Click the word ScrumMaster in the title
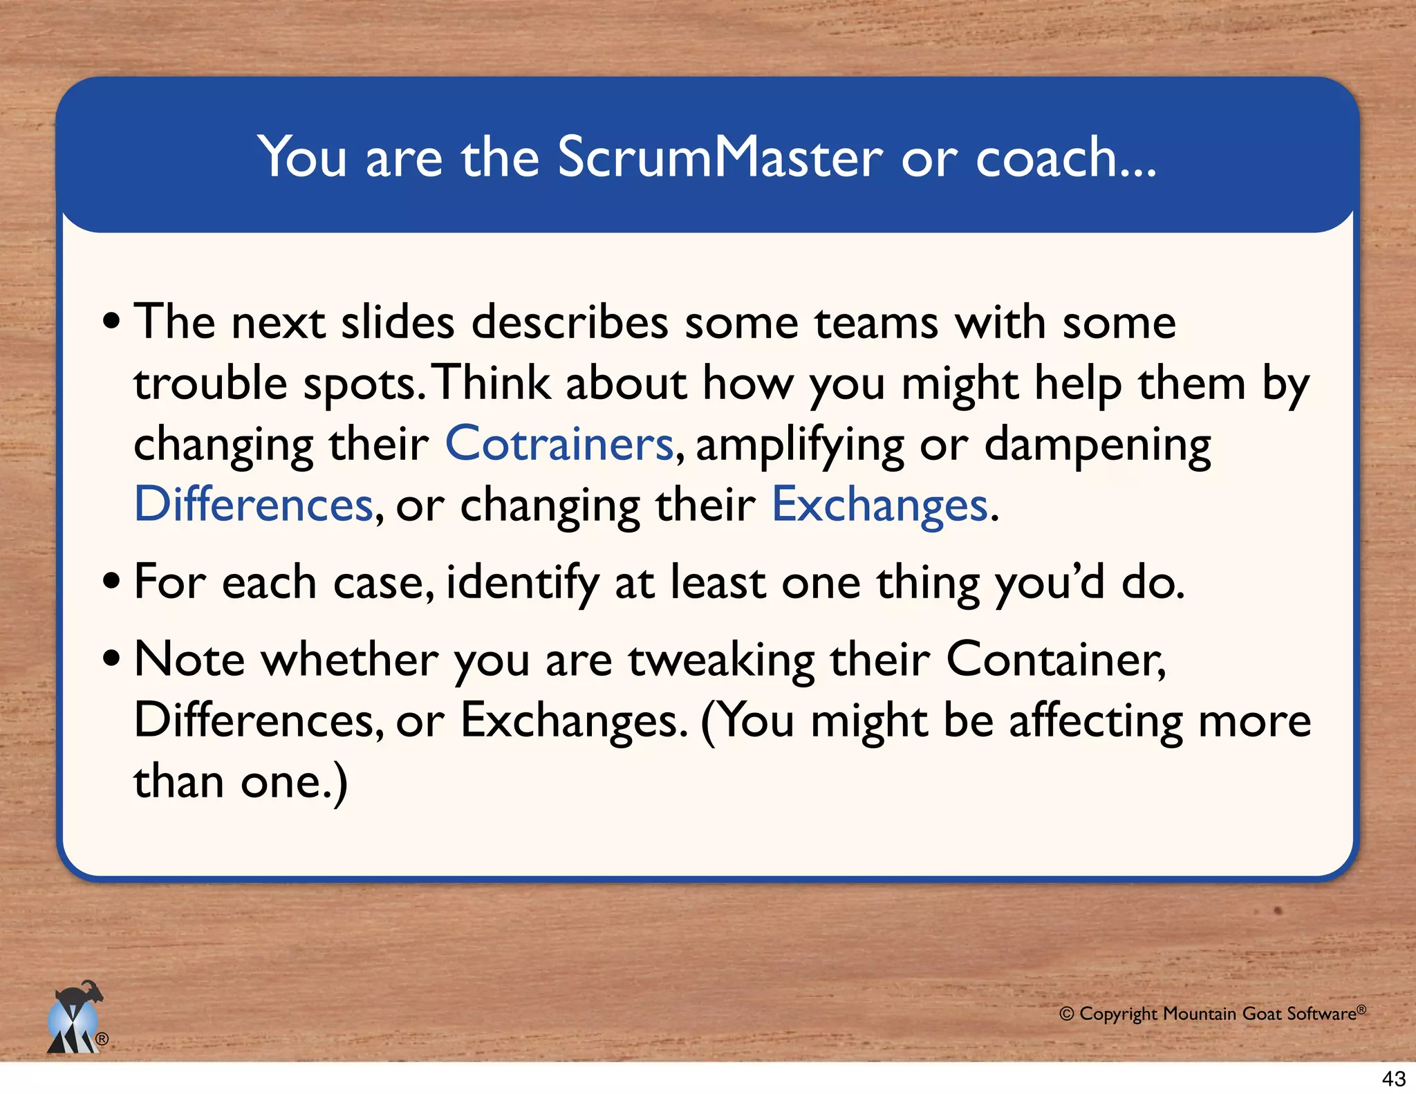(x=719, y=158)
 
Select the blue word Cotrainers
(x=559, y=444)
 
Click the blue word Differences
(x=253, y=504)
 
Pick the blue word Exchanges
(x=879, y=506)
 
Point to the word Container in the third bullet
(x=1055, y=659)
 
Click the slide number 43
(x=1393, y=1078)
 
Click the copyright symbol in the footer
(x=1066, y=1014)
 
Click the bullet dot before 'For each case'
(x=111, y=582)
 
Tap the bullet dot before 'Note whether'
(x=111, y=659)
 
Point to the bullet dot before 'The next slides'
(x=111, y=322)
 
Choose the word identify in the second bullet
(x=522, y=583)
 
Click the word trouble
(x=210, y=383)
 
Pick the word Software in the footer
(x=1321, y=1014)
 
